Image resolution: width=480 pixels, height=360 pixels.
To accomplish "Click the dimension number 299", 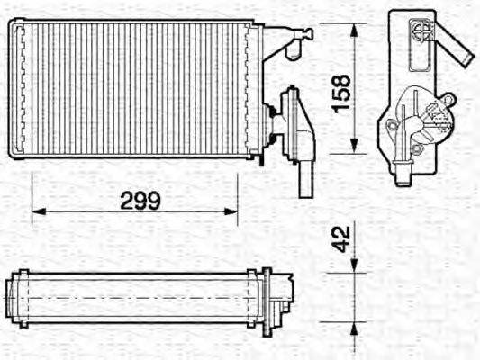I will pos(140,201).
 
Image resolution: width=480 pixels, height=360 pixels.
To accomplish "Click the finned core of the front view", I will pos(135,90).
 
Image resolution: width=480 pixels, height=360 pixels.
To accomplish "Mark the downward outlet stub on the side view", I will pos(402,171).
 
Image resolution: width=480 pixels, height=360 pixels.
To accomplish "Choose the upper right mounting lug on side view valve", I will pos(448,98).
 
